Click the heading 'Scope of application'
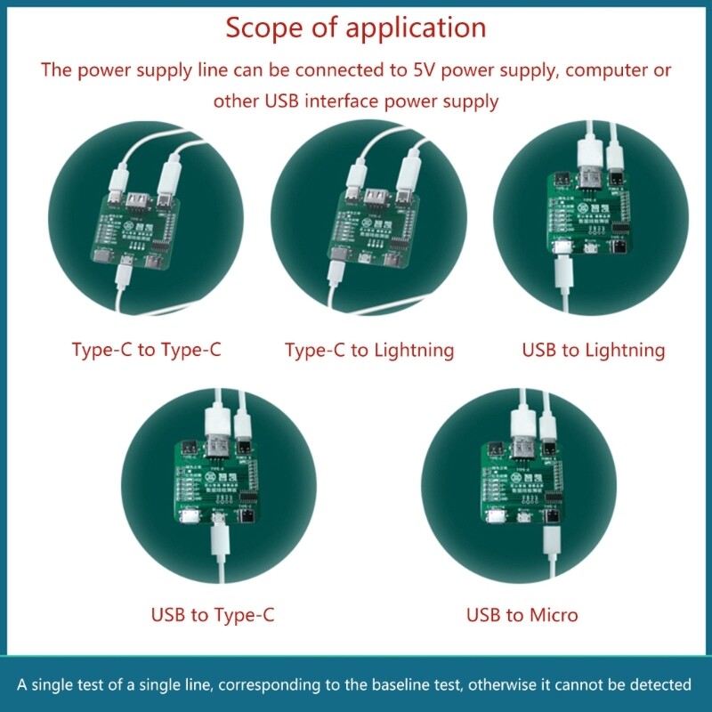click(x=355, y=28)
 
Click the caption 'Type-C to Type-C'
click(x=146, y=350)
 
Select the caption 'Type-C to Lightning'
click(x=369, y=350)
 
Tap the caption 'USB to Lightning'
click(x=594, y=350)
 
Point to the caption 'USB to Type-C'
click(x=213, y=614)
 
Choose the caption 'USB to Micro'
click(x=522, y=614)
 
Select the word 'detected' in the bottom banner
click(x=661, y=684)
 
